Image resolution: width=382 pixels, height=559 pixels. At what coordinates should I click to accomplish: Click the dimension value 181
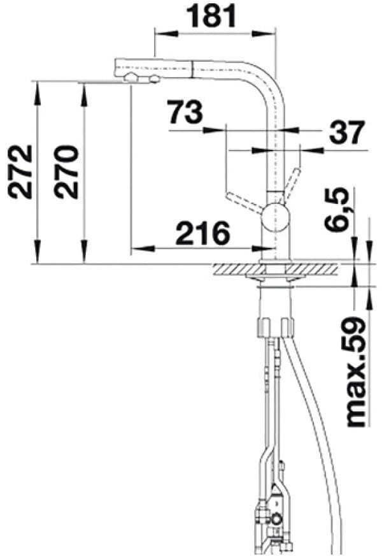[213, 17]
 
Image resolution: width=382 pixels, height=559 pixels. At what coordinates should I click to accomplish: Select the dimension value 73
[185, 113]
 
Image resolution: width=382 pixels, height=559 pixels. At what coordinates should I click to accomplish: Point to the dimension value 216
[202, 234]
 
